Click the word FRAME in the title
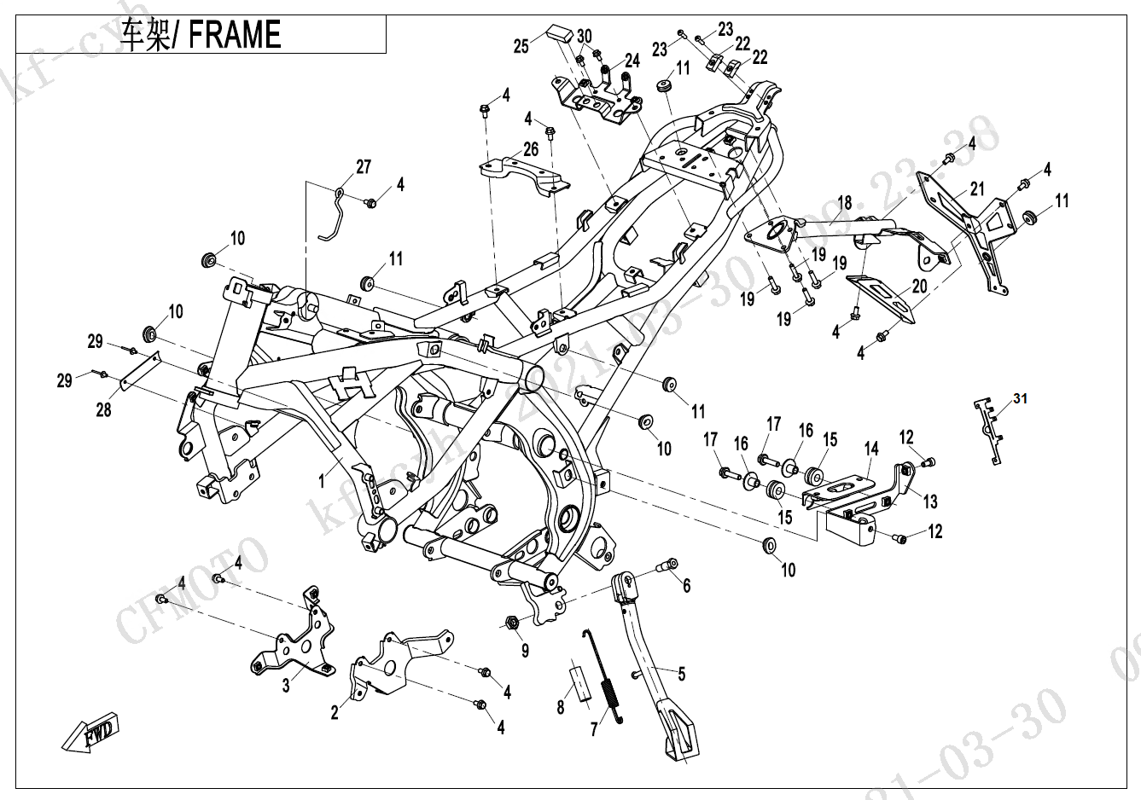point(234,35)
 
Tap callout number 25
point(521,47)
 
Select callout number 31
point(1022,398)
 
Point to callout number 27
point(364,166)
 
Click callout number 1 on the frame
point(322,482)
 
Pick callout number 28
point(103,410)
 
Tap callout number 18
point(844,203)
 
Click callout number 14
point(870,448)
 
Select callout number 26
point(531,148)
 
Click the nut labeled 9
point(514,622)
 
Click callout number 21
point(978,188)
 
